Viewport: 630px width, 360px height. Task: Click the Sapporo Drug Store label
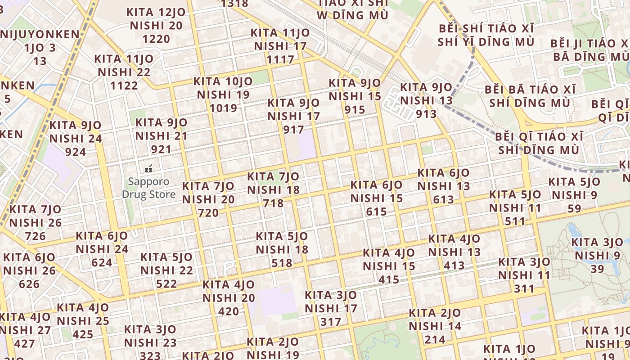click(148, 188)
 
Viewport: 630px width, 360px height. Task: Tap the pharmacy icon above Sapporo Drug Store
click(148, 169)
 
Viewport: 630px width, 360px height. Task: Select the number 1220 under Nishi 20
click(156, 39)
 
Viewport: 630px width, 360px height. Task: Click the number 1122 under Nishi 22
click(124, 85)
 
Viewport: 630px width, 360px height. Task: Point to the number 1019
click(223, 108)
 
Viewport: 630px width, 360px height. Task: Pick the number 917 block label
click(293, 130)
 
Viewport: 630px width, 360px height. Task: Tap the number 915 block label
click(355, 110)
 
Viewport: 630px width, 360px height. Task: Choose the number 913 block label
click(426, 114)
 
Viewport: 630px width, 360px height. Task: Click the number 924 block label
click(75, 152)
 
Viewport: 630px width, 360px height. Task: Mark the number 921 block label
click(161, 149)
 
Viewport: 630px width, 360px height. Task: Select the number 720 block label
click(208, 213)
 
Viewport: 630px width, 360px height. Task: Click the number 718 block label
click(273, 203)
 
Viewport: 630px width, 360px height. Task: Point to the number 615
click(376, 212)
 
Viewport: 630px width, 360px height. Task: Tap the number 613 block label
click(443, 199)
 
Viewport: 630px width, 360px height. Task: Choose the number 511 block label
click(515, 221)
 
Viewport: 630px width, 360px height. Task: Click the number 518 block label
click(282, 263)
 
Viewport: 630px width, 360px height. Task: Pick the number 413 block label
click(454, 265)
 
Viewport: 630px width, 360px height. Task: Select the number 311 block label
click(524, 288)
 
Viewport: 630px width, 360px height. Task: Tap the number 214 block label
click(435, 340)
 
